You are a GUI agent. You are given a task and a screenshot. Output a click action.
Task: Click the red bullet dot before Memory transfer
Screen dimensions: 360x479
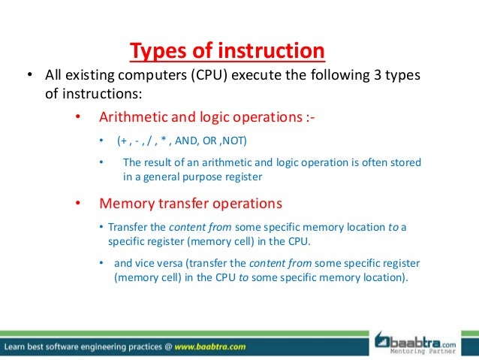77,203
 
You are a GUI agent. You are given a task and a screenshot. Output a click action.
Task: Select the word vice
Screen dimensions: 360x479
147,263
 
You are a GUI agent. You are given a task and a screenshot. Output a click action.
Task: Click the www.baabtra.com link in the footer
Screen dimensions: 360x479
205,347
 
